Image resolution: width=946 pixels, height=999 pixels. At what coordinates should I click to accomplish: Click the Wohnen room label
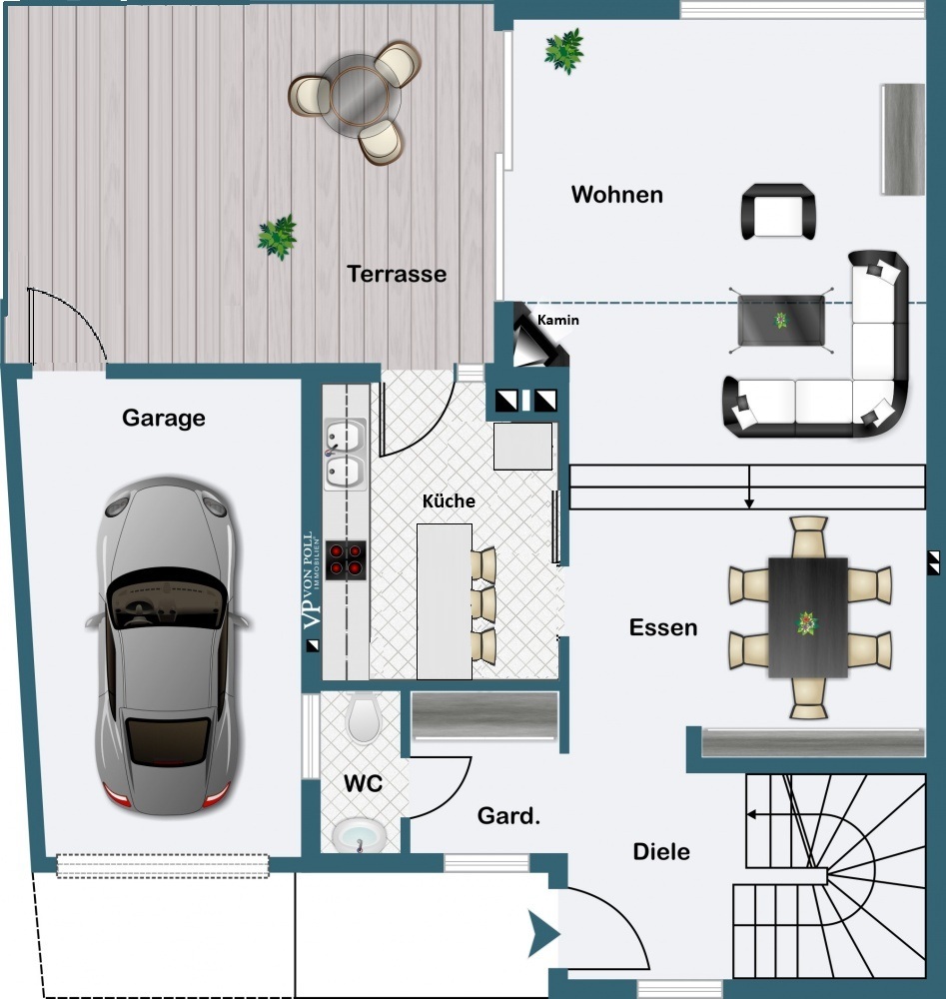[x=616, y=195]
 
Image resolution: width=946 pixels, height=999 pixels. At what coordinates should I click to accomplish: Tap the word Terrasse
[x=397, y=274]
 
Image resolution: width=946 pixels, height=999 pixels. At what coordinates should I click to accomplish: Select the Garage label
[x=164, y=418]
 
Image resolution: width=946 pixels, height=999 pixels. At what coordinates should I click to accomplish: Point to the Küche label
[x=449, y=500]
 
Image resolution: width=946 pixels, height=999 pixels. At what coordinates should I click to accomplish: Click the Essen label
[x=663, y=627]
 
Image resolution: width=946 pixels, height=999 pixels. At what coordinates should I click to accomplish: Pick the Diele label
[x=661, y=852]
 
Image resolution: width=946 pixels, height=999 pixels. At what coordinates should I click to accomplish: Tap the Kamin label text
[x=558, y=320]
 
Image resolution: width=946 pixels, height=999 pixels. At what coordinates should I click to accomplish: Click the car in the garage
[x=168, y=645]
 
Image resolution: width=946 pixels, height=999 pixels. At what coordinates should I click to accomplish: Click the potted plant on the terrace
[x=277, y=237]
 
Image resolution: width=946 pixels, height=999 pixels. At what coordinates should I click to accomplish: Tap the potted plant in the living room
[x=563, y=51]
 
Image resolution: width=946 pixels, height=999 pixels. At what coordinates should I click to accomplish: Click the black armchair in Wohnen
[x=778, y=212]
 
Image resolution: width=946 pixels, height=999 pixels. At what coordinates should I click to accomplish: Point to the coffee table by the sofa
[x=781, y=321]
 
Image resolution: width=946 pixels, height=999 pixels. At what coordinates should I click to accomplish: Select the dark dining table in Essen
[x=808, y=617]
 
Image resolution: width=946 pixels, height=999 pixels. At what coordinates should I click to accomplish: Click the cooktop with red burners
[x=346, y=560]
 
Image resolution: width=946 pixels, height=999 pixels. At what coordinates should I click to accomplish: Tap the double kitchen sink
[x=345, y=455]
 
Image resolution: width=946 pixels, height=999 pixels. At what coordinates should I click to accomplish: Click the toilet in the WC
[x=364, y=718]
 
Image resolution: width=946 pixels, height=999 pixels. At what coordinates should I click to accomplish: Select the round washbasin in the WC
[x=360, y=834]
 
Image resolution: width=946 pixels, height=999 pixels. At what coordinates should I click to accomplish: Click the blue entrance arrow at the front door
[x=543, y=934]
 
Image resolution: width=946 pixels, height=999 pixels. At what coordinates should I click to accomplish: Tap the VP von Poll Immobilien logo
[x=312, y=580]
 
